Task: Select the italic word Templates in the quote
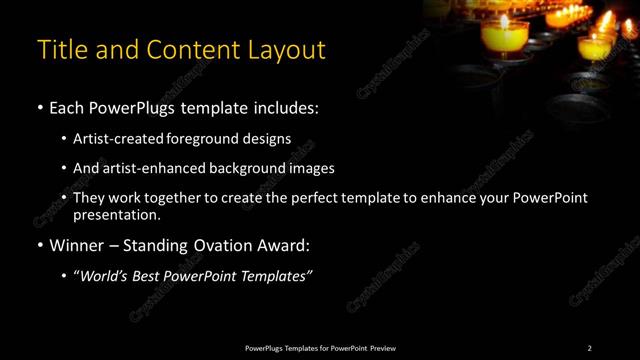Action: click(273, 277)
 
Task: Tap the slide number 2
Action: click(589, 347)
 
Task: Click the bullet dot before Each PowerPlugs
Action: click(39, 107)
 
